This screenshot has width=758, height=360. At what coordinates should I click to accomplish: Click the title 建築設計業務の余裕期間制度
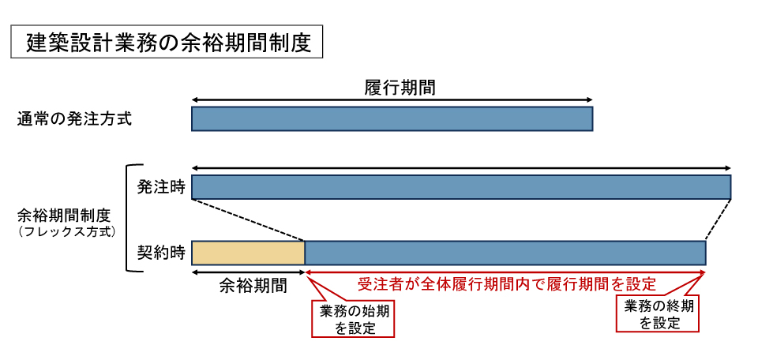(x=166, y=42)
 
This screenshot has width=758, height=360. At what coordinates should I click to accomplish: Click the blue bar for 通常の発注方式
(x=392, y=118)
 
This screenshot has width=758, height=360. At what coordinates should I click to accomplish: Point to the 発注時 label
(x=161, y=187)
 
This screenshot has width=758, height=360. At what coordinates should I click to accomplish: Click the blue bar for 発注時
(x=461, y=187)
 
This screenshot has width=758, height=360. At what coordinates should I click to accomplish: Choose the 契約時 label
(x=161, y=253)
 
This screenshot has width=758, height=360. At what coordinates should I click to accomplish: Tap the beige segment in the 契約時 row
(x=248, y=253)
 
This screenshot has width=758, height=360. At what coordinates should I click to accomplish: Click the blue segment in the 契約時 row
(x=505, y=253)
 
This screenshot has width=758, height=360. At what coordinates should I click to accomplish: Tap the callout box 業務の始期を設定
(x=353, y=319)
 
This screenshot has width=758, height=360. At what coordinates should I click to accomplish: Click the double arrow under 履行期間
(x=392, y=99)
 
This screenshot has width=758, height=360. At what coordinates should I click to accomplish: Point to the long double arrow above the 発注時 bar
(x=461, y=167)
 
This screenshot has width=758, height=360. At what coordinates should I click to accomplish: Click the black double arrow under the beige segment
(x=248, y=272)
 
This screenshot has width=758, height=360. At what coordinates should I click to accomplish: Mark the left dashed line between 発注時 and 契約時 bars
(x=248, y=219)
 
